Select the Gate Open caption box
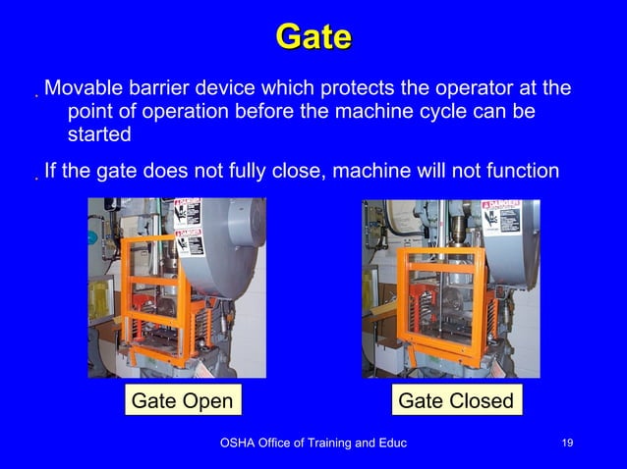click(182, 400)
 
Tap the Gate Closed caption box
click(456, 400)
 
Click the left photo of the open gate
click(177, 287)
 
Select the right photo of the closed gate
click(450, 287)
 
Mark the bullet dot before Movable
click(35, 96)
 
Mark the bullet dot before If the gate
click(35, 180)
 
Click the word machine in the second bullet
click(374, 172)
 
